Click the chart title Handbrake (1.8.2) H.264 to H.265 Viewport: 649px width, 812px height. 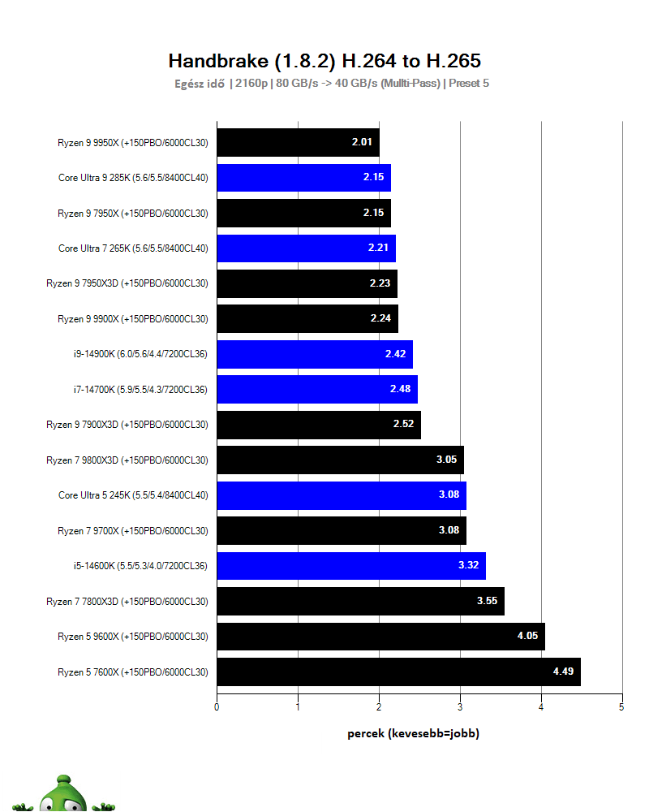[324, 61]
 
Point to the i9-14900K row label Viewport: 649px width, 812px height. [140, 354]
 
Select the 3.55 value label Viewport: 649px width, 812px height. [487, 601]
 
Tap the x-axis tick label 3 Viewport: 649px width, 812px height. [460, 707]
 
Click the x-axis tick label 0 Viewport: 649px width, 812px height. [217, 707]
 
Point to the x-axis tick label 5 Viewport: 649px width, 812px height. [621, 707]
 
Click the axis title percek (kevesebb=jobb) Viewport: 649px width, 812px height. [413, 733]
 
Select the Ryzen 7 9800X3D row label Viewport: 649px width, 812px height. [127, 460]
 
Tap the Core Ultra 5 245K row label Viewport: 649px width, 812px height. [133, 495]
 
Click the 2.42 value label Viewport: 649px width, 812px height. [395, 354]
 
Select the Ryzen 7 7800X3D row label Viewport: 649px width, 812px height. [127, 602]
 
